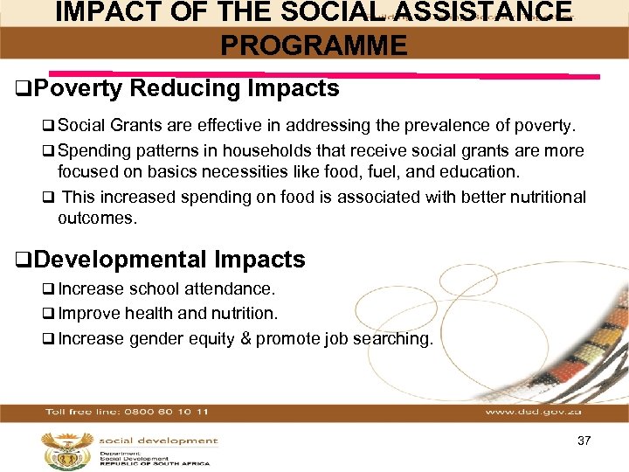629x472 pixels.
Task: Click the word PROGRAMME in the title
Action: tap(314, 45)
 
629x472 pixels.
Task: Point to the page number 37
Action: tap(584, 441)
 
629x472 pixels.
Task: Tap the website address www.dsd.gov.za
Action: tap(535, 411)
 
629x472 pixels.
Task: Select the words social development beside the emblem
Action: tap(158, 441)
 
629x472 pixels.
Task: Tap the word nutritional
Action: tap(539, 198)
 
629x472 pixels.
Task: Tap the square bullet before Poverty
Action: tap(22, 89)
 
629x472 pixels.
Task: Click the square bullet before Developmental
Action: tap(22, 260)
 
